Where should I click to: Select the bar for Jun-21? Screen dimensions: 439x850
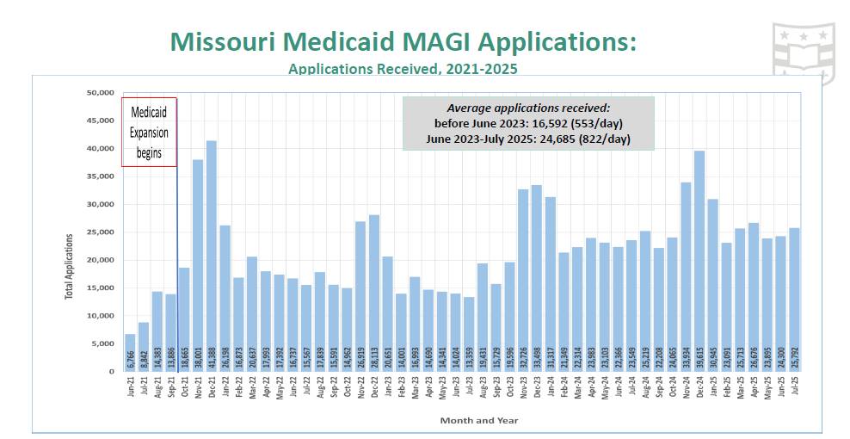(130, 353)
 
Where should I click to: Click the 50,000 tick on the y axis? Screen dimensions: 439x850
(100, 93)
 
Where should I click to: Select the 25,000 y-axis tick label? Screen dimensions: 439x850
(100, 232)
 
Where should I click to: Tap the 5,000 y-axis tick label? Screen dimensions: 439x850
(102, 343)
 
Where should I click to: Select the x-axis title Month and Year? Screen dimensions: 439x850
(479, 420)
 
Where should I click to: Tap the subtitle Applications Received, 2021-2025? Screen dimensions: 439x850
(403, 68)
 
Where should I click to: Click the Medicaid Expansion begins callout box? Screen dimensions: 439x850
(150, 132)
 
